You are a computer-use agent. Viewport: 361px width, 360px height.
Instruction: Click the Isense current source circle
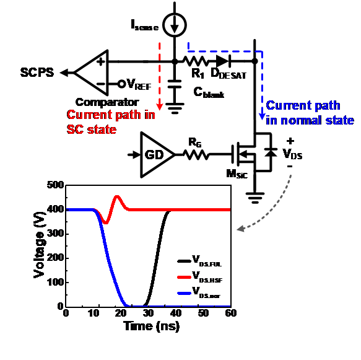[174, 25]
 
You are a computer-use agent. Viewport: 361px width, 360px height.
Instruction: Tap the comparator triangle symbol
[92, 72]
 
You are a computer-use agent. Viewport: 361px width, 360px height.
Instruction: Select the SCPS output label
[37, 72]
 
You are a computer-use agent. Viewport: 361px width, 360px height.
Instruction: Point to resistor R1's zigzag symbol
[196, 61]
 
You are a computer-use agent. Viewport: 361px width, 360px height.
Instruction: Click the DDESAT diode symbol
[224, 61]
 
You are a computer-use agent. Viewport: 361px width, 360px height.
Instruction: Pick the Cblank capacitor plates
[175, 84]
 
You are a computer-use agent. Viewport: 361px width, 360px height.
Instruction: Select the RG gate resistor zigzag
[196, 154]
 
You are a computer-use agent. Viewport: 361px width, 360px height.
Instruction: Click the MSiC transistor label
[237, 174]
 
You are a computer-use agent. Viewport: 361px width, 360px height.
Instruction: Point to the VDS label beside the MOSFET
[292, 154]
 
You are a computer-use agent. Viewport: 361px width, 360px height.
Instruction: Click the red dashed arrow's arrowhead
[160, 107]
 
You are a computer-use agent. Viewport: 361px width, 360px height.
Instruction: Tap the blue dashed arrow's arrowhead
[262, 116]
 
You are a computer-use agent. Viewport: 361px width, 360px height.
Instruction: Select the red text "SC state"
[92, 130]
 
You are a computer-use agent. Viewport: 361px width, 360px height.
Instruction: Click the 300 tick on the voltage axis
[56, 234]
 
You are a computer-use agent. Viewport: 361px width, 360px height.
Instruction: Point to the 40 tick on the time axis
[176, 314]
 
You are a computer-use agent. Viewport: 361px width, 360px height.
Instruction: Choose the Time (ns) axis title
[152, 326]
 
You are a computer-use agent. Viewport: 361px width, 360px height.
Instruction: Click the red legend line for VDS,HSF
[184, 277]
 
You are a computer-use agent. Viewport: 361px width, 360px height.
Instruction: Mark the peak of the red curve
[117, 196]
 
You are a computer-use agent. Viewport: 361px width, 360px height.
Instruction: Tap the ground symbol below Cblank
[175, 108]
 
